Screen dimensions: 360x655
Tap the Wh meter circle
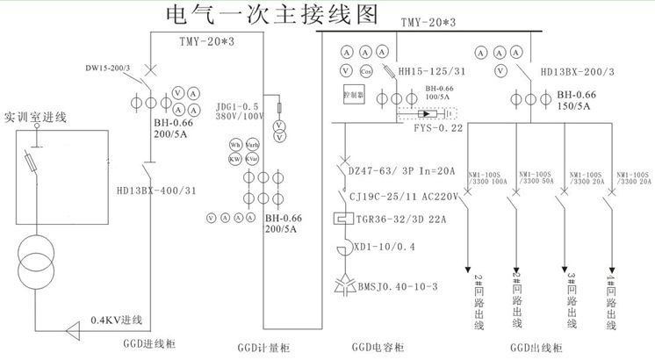point(235,145)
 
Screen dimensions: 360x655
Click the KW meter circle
point(235,159)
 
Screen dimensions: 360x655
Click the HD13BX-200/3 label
point(578,72)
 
